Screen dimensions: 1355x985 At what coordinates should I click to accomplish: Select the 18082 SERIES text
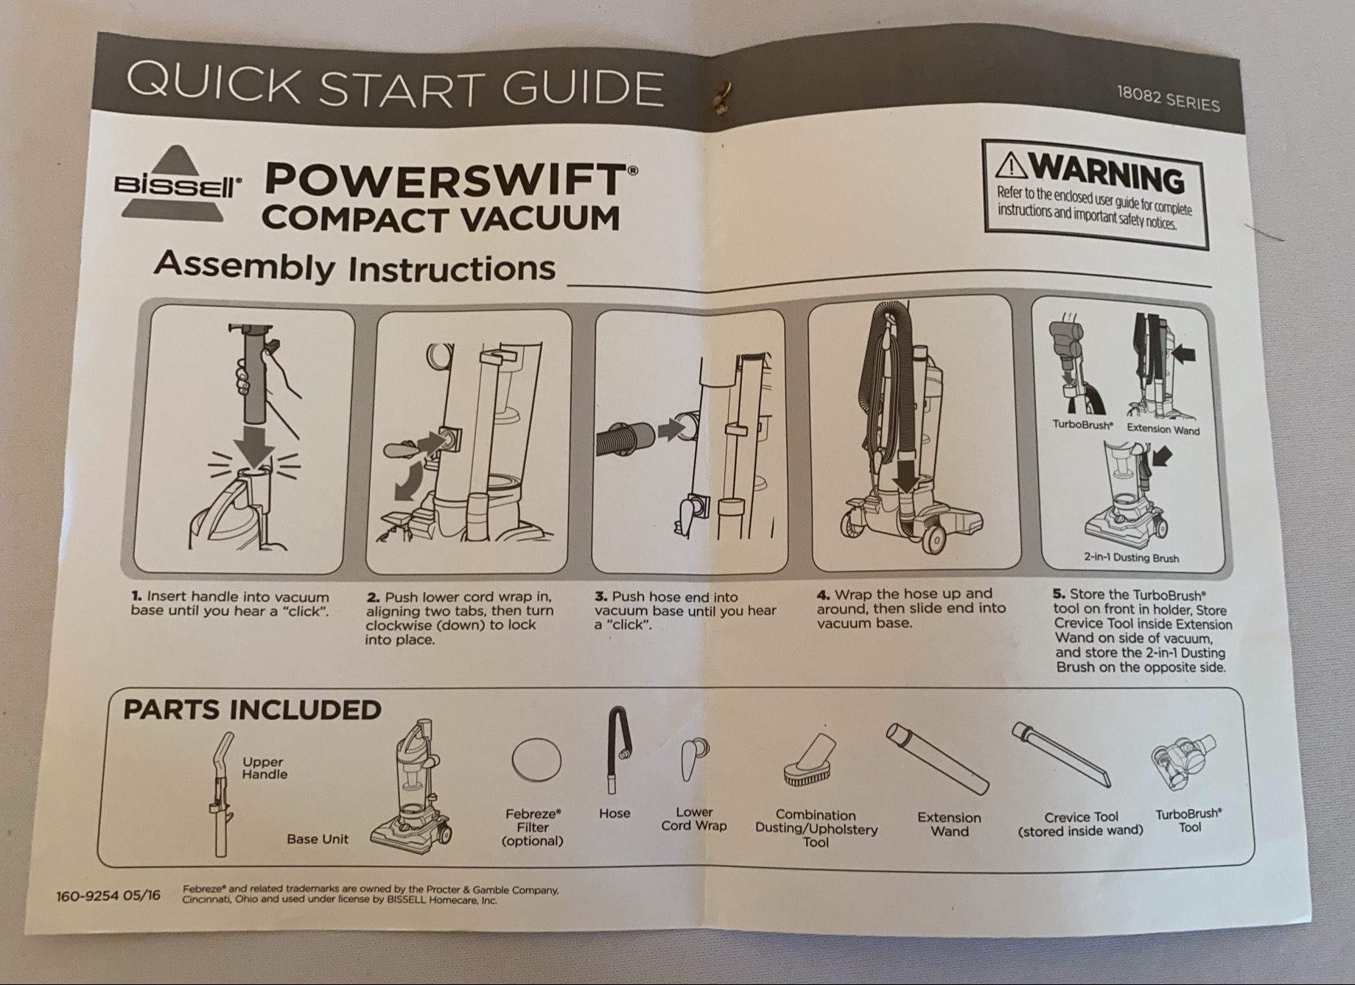tap(1168, 99)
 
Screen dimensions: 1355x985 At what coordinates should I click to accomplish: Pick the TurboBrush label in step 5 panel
tap(1082, 425)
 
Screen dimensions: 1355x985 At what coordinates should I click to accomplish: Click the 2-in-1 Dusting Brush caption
tap(1131, 558)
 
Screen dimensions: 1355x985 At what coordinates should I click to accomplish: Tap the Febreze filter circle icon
tap(536, 760)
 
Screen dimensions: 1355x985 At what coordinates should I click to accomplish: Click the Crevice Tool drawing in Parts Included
tap(1061, 754)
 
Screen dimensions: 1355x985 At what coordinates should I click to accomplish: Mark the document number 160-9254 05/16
tap(108, 896)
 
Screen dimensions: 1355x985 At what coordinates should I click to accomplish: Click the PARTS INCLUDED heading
tap(252, 710)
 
